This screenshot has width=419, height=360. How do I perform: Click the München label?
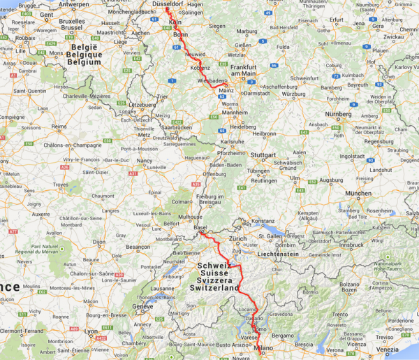pyautogui.click(x=358, y=194)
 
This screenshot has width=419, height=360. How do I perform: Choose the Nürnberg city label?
pyautogui.click(x=338, y=113)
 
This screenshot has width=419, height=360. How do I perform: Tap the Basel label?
pyautogui.click(x=200, y=228)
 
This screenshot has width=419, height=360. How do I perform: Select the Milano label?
pyautogui.click(x=265, y=347)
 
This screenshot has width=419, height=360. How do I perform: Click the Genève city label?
pyautogui.click(x=142, y=306)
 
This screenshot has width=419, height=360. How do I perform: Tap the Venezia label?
pyautogui.click(x=388, y=349)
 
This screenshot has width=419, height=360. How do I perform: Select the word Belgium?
pyautogui.click(x=86, y=62)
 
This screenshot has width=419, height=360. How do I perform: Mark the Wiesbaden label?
pyautogui.click(x=213, y=81)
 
